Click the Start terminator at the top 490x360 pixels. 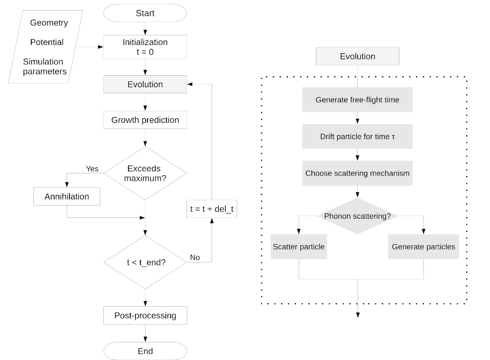point(145,13)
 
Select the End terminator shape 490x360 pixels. point(145,351)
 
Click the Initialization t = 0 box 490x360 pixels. point(145,47)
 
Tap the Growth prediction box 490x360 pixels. point(145,120)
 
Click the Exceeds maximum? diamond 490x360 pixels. point(145,173)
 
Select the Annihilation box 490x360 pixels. point(67,196)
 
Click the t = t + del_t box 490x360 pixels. point(212,210)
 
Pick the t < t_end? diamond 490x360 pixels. point(145,263)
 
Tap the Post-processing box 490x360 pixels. point(145,316)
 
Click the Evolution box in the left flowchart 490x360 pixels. point(145,84)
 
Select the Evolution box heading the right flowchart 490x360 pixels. point(358,56)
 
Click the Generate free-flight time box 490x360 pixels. point(358,100)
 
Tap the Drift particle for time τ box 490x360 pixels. point(358,136)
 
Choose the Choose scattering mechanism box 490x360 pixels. point(358,173)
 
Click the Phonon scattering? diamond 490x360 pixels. point(358,216)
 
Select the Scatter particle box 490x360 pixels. point(299,246)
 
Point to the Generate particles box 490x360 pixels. point(424,246)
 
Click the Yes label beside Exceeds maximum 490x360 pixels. point(92,169)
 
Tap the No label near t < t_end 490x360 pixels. point(194,257)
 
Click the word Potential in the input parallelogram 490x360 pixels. point(47,42)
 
